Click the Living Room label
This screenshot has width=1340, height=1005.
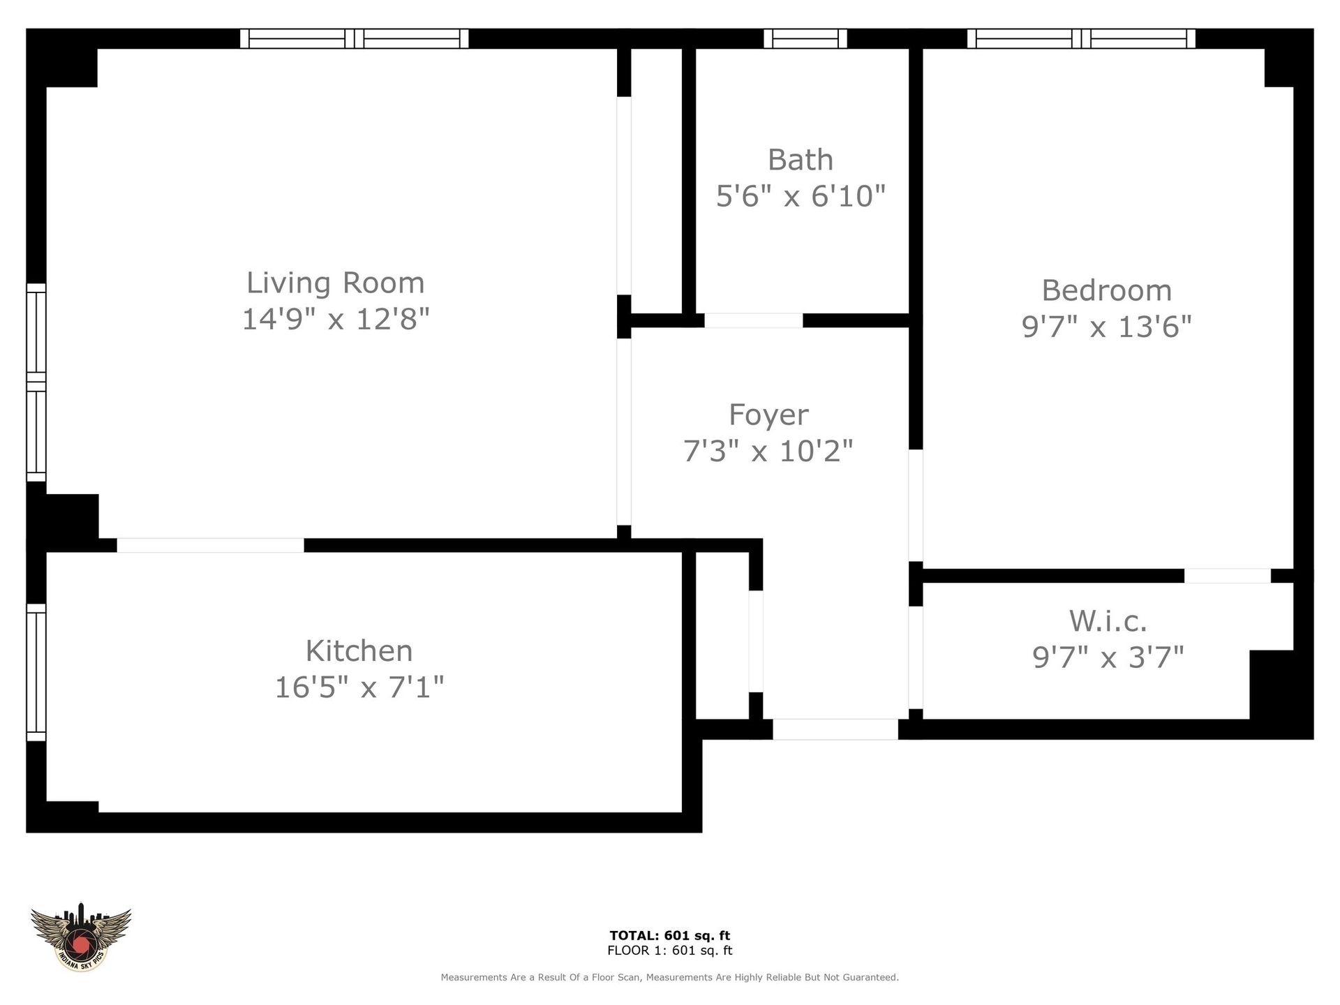pos(335,283)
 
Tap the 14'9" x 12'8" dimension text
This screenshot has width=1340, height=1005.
pos(335,319)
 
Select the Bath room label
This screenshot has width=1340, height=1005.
pos(801,160)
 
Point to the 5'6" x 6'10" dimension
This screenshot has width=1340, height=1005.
pos(801,196)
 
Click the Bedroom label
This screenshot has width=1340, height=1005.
pos(1106,290)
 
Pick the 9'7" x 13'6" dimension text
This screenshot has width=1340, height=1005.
pos(1106,327)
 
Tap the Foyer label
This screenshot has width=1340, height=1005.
pos(768,415)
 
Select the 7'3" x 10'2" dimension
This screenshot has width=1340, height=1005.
pos(768,451)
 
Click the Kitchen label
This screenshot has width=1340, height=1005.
pos(359,651)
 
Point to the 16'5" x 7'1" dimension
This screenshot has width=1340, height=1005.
pos(359,687)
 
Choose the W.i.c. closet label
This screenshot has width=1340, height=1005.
pos(1108,620)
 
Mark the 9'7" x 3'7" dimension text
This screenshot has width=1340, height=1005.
pos(1108,657)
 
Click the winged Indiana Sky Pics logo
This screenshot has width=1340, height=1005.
pos(81,936)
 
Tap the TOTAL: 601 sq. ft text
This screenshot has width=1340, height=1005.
pos(669,936)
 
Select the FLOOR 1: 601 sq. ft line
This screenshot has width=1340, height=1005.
pos(669,951)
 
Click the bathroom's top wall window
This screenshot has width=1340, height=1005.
pos(805,38)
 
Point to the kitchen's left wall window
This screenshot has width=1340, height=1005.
pos(36,671)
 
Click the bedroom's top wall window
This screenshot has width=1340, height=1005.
pos(1080,38)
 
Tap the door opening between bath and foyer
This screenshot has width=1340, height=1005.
pos(753,320)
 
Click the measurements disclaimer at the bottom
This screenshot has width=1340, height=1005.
pos(669,978)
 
